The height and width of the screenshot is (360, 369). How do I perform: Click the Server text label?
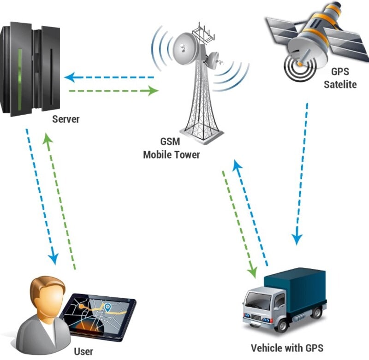point(65,119)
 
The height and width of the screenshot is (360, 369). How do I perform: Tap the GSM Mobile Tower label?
point(171,149)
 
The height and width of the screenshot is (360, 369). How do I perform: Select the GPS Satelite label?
point(339,78)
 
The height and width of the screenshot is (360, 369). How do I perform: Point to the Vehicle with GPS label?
point(286,348)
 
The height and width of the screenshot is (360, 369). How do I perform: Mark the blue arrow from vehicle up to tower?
point(251,212)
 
